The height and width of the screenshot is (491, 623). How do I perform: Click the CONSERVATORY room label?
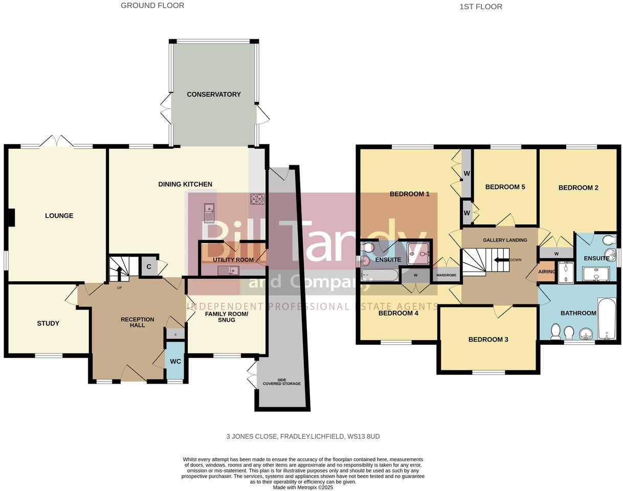[213, 95]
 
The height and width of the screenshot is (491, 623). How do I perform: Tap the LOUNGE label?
[59, 216]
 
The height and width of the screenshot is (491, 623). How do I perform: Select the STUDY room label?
[48, 323]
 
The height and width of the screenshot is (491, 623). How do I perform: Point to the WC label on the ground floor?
[175, 361]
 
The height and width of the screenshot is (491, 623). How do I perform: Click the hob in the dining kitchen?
[257, 199]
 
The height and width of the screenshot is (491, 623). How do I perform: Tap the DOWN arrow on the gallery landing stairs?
[499, 260]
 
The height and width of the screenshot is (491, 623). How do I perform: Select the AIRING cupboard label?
[547, 272]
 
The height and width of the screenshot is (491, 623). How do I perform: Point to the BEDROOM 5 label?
[505, 187]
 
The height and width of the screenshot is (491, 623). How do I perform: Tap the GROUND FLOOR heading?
[152, 6]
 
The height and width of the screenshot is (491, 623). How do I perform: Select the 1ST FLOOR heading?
[481, 7]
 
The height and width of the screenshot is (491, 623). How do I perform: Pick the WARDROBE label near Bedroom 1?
[446, 275]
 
